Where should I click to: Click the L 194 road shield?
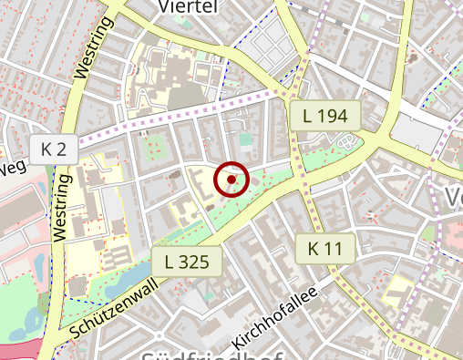(325, 116)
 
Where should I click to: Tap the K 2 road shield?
(54, 149)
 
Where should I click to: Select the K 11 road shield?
(324, 248)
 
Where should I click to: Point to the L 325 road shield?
(188, 262)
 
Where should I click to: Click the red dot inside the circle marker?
(231, 180)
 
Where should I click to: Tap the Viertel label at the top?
(188, 7)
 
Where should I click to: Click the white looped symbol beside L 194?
(345, 142)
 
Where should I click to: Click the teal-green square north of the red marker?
(244, 139)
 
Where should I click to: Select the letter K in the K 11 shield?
(314, 248)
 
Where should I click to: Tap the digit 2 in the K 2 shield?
(63, 149)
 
